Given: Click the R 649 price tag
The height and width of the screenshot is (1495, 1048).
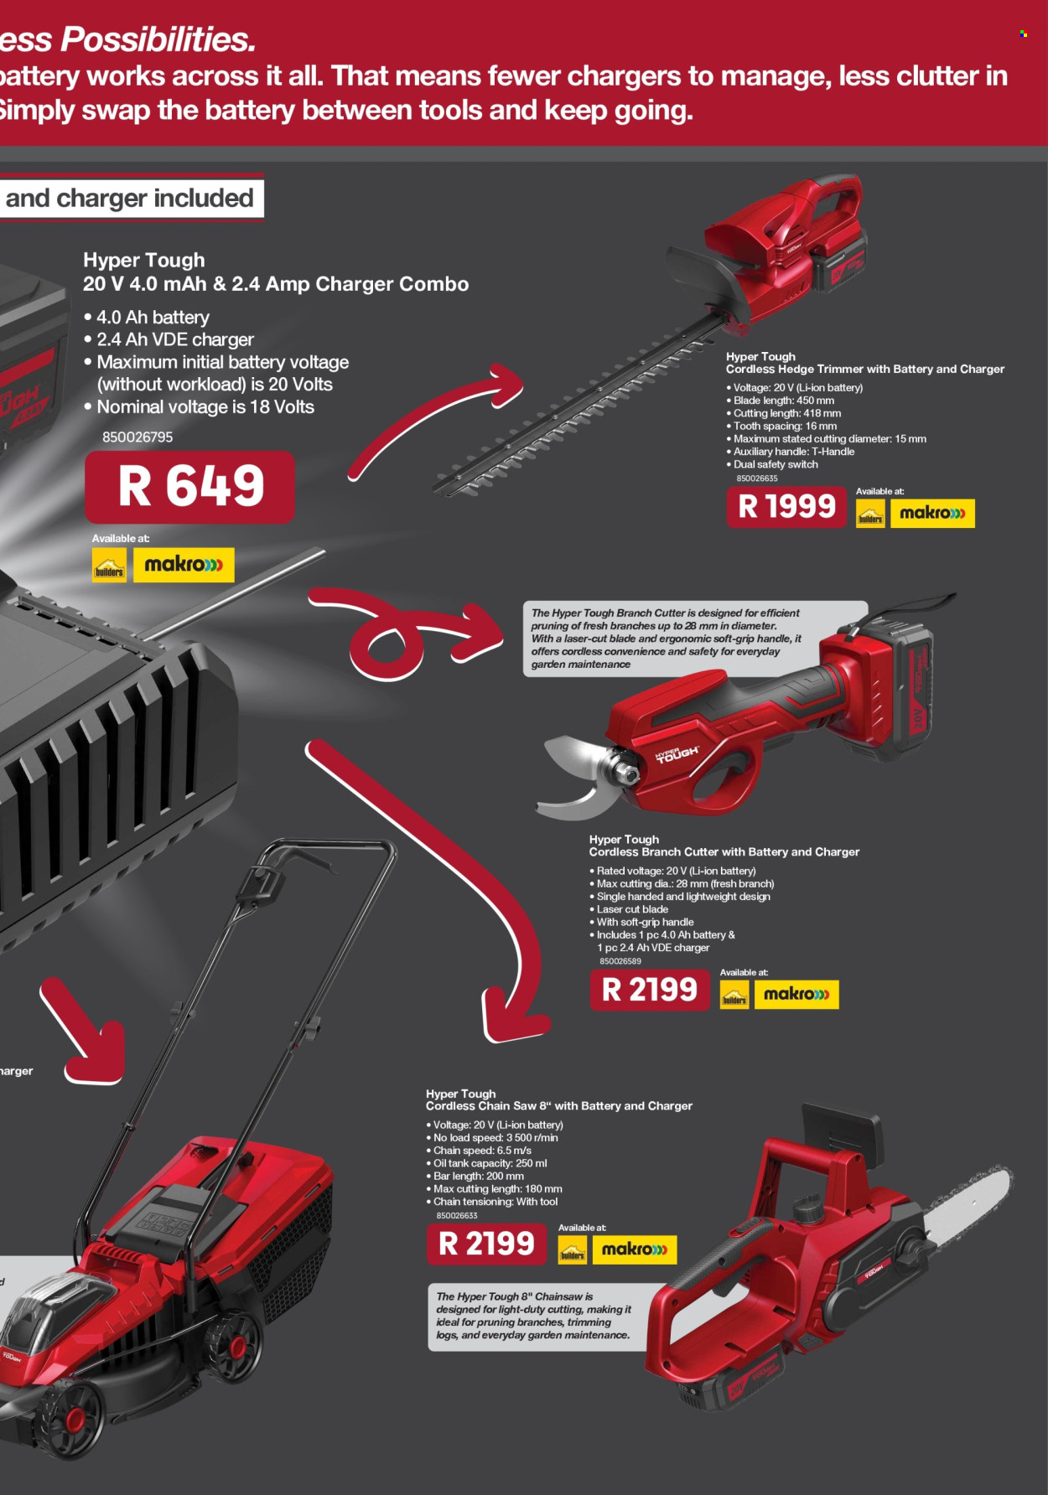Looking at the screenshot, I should (190, 487).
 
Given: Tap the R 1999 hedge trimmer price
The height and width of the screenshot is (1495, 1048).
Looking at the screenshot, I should (786, 507).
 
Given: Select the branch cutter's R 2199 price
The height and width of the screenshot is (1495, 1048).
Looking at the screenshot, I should (650, 991).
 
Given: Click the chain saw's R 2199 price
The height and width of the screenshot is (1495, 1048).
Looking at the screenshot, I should (486, 1244).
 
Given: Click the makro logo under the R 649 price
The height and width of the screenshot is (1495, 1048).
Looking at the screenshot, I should (184, 565).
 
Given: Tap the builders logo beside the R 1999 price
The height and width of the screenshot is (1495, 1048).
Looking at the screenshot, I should (870, 514).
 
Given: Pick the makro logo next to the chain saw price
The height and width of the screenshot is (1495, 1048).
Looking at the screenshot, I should (634, 1249).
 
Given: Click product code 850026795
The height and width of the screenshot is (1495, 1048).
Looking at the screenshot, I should (137, 437).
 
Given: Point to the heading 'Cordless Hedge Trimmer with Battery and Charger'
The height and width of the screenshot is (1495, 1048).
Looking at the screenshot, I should (864, 369).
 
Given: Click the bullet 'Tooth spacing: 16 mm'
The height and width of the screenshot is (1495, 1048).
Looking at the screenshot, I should (785, 426).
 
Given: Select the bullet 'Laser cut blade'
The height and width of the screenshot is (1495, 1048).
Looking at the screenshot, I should (632, 909).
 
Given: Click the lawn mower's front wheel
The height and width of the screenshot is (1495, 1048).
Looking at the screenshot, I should (71, 1417).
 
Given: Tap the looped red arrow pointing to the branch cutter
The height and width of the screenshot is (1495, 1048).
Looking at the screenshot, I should (394, 637).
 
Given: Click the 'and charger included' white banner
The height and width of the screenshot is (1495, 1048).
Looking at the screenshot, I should (129, 199).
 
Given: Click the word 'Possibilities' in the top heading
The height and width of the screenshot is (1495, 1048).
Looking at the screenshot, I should (157, 39).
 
